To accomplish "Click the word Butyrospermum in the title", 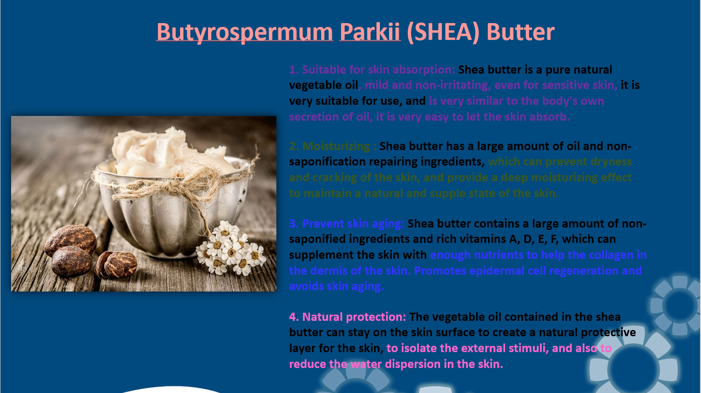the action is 245,33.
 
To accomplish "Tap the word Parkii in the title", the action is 370,32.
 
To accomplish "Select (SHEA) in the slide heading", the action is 443,32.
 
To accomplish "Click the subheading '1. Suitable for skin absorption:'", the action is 372,70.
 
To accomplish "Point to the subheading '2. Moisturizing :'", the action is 333,146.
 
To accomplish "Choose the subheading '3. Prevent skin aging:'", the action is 347,224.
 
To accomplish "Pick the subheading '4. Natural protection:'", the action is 348,317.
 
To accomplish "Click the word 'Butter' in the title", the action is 520,32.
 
